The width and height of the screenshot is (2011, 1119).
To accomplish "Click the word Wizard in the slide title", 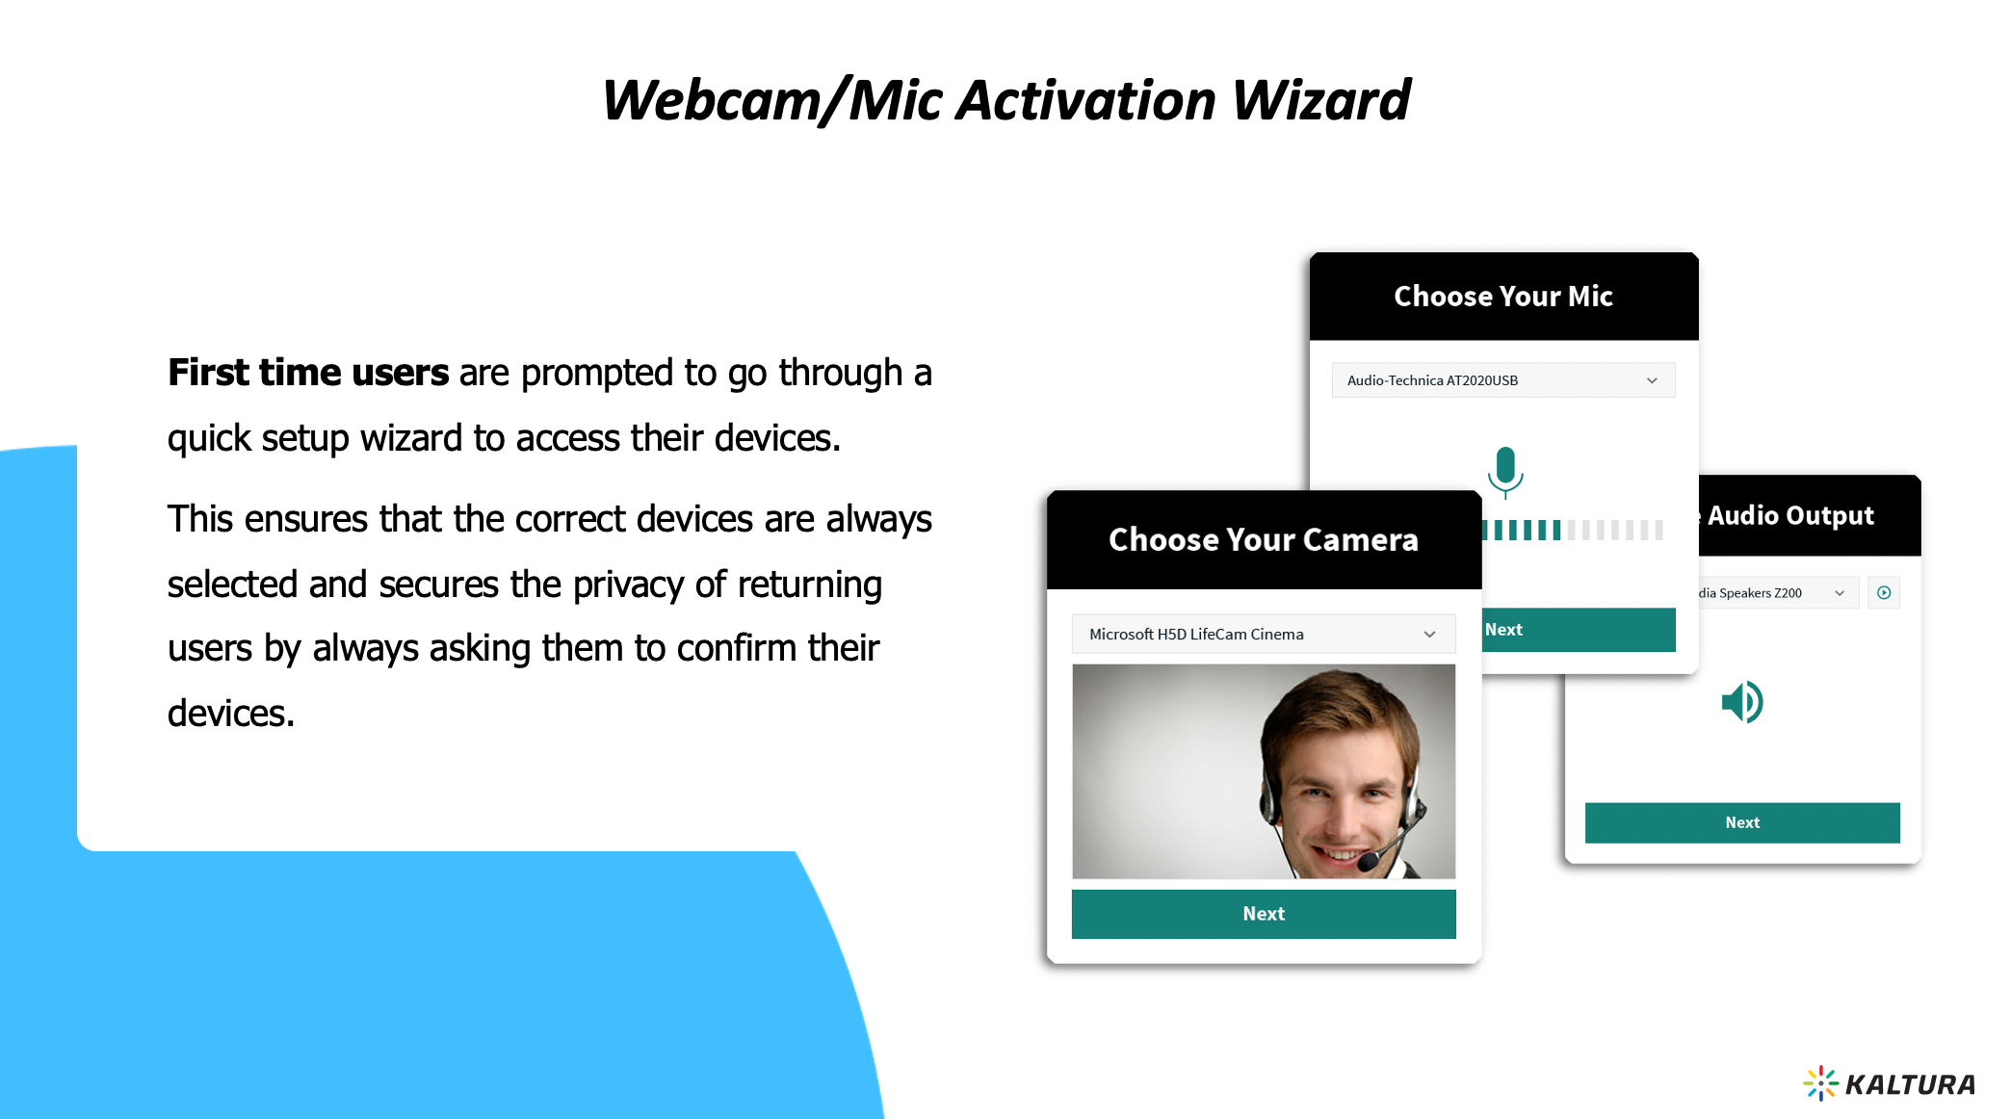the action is (1320, 100).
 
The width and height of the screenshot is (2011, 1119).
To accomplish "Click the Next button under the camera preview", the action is (1264, 914).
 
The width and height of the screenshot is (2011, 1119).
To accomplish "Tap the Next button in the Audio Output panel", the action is (1742, 822).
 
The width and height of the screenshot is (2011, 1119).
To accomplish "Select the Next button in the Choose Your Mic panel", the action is (1579, 630).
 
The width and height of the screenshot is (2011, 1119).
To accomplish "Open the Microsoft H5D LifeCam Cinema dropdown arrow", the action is (1430, 635).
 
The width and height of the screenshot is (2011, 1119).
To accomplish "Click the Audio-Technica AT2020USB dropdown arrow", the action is (1652, 380).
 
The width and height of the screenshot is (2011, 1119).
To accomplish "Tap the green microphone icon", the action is (1505, 472).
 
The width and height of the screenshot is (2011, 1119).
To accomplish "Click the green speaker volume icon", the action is (1742, 702).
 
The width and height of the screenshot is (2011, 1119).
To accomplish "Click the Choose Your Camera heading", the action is (1264, 540).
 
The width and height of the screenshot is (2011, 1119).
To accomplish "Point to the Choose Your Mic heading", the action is (1503, 296).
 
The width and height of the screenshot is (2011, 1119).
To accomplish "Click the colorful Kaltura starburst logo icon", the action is (1820, 1083).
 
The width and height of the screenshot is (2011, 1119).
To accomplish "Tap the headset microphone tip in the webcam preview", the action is (1368, 862).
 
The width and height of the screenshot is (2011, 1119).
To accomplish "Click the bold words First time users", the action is (308, 373).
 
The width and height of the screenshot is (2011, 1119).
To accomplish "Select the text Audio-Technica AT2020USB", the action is (1432, 380).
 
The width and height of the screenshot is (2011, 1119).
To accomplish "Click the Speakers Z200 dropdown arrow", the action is (1840, 593).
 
